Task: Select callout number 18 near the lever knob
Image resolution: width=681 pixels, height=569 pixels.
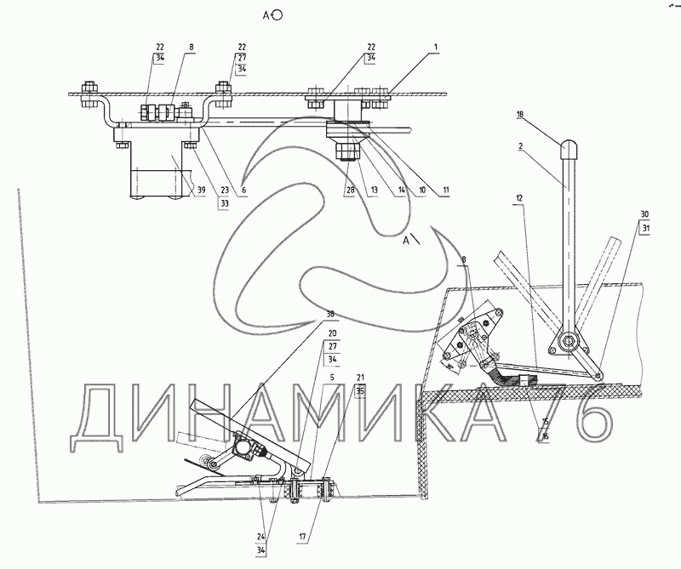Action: click(520, 113)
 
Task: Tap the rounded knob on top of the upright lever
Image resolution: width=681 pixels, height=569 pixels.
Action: click(568, 151)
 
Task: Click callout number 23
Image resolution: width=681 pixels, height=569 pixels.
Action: click(224, 191)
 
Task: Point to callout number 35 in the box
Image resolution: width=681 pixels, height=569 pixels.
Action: click(360, 392)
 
